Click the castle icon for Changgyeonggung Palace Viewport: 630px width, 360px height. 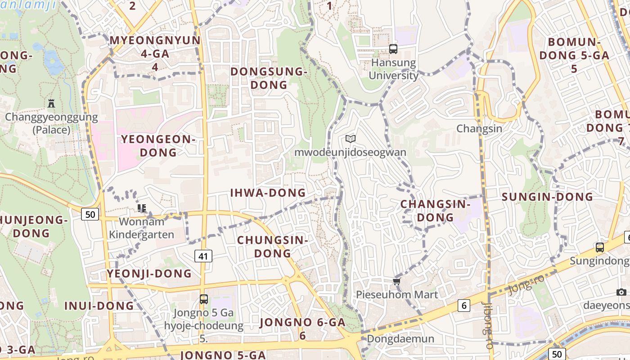(51, 103)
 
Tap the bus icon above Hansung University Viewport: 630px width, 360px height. (393, 49)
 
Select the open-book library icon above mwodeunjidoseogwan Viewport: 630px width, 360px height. (351, 139)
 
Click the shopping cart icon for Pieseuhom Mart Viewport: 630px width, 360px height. (396, 281)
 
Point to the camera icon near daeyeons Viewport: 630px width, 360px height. (621, 292)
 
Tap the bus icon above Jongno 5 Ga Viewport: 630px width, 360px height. (204, 299)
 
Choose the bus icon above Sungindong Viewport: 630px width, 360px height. (600, 247)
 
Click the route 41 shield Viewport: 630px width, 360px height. (203, 256)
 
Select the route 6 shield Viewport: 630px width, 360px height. (463, 306)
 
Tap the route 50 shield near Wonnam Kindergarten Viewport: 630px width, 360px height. (90, 214)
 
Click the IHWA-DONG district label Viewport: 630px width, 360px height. (268, 193)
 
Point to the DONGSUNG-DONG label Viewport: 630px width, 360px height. (269, 78)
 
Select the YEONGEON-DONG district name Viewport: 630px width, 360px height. (158, 146)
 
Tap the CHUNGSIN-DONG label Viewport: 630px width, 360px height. (272, 247)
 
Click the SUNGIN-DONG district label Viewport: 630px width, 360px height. (547, 197)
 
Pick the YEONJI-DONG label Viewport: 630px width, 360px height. (149, 274)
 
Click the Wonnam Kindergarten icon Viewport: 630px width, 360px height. (142, 208)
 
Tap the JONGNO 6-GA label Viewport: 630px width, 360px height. (302, 328)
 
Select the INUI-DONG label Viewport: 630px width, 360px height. (99, 306)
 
